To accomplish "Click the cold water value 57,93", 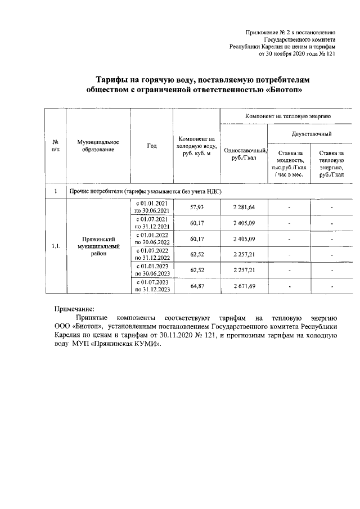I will click(x=196, y=208).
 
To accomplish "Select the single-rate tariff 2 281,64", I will click(x=244, y=208).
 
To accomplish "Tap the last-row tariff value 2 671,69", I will click(x=244, y=286).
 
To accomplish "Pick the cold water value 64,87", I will click(x=196, y=286).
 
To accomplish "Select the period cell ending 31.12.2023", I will click(x=152, y=286).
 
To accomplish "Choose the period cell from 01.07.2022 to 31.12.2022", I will click(x=152, y=254).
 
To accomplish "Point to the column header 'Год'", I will click(x=152, y=146).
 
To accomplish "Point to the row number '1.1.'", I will click(x=56, y=246).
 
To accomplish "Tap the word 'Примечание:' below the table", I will click(x=74, y=308).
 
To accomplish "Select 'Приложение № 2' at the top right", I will click(x=268, y=33).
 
